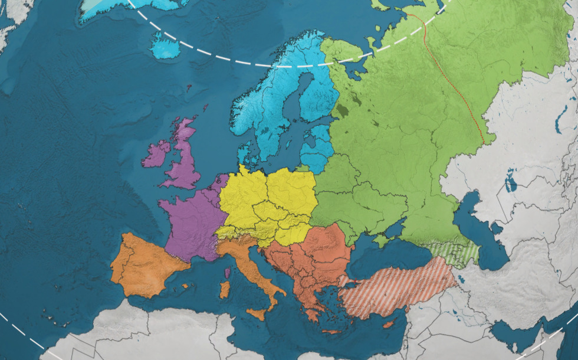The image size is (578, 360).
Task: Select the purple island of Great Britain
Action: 183,159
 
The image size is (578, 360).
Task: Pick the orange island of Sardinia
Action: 224,289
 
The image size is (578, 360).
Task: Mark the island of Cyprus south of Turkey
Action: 387,324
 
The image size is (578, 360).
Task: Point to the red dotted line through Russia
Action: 454,83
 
